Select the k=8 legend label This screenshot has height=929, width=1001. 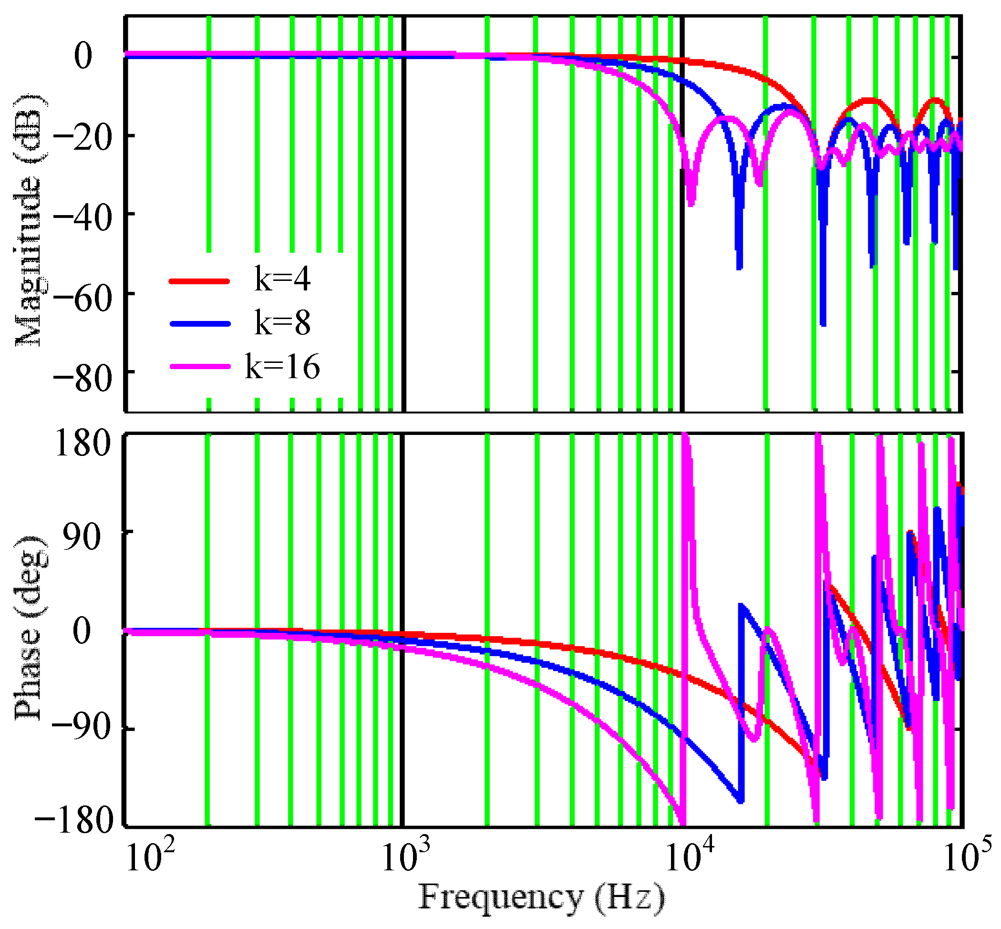282,323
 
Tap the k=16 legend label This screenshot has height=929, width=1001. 282,366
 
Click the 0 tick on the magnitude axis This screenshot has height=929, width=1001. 83,56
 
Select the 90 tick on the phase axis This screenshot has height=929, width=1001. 83,538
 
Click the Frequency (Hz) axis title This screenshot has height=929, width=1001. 541,898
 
